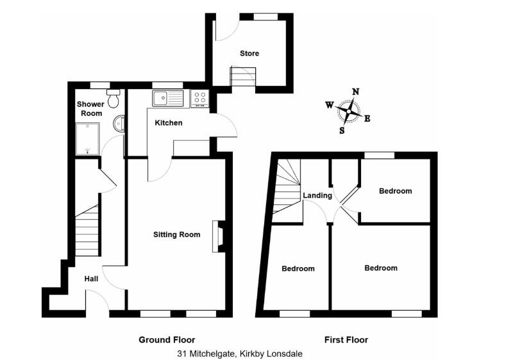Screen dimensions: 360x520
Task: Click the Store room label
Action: point(249,53)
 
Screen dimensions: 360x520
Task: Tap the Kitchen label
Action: point(168,122)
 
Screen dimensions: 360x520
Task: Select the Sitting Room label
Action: point(176,234)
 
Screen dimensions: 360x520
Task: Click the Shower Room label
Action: point(90,109)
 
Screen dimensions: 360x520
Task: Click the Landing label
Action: point(317,195)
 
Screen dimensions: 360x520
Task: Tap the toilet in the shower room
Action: point(114,99)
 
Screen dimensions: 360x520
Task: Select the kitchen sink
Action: point(167,99)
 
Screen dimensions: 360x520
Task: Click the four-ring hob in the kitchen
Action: point(199,99)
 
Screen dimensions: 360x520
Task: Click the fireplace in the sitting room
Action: point(220,234)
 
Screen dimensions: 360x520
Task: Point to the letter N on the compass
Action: point(355,92)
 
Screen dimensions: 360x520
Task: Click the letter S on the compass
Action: point(342,131)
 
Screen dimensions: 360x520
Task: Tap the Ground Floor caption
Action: point(167,340)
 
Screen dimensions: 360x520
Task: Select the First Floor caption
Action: point(346,340)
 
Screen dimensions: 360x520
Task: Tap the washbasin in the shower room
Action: point(119,123)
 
